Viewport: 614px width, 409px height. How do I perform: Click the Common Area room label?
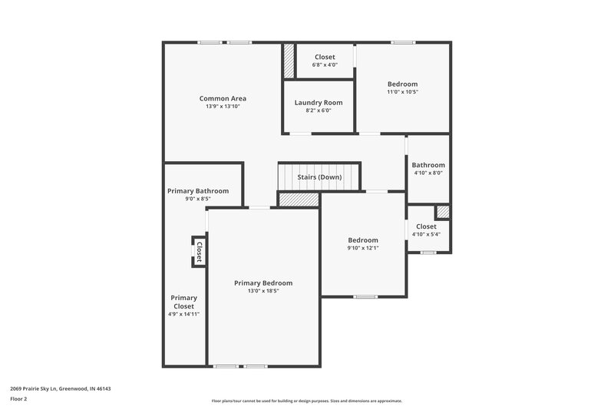click(223, 98)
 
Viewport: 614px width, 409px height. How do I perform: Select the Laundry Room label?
click(319, 103)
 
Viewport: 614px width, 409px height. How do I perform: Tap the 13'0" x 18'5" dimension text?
click(263, 292)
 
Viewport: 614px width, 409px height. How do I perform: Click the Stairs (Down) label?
click(319, 177)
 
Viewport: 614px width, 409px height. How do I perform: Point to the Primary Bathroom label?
click(198, 191)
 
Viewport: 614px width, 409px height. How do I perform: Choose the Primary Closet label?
click(183, 302)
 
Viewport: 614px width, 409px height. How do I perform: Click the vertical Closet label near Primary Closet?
click(198, 252)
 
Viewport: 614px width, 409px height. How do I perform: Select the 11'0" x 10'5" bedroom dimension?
click(402, 92)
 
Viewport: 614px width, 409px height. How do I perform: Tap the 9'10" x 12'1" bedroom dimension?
click(362, 248)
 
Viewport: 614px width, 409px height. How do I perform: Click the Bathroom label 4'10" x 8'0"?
click(428, 165)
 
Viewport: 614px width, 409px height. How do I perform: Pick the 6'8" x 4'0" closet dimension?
click(325, 65)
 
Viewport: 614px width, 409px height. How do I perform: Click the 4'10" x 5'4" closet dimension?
click(426, 235)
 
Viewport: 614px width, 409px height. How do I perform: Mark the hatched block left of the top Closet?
click(289, 61)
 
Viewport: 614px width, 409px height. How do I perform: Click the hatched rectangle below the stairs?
click(299, 199)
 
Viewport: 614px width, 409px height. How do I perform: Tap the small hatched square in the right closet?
click(443, 211)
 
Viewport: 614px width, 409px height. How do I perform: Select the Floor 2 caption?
click(18, 399)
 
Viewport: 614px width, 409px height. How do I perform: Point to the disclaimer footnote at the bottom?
click(306, 401)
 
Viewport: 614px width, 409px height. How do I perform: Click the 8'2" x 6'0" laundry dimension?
click(319, 110)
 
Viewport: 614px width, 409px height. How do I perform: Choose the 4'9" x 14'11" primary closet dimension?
click(183, 315)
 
